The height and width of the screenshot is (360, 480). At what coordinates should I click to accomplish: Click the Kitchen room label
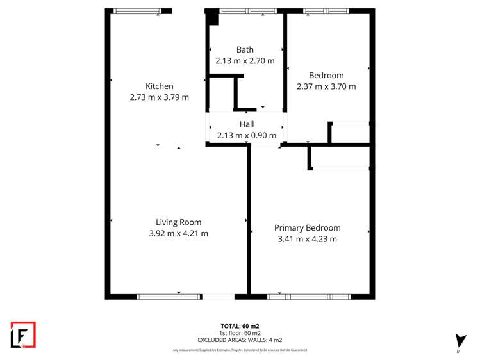pyautogui.click(x=159, y=86)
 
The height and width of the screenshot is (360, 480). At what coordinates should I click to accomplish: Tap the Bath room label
pyautogui.click(x=245, y=50)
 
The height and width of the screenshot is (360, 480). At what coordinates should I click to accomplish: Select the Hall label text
pyautogui.click(x=247, y=124)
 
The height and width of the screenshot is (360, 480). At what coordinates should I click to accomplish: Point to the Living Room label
pyautogui.click(x=178, y=222)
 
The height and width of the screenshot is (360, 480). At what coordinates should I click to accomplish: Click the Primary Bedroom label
pyautogui.click(x=307, y=228)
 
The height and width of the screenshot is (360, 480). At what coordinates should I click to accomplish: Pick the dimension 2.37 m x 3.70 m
pyautogui.click(x=326, y=86)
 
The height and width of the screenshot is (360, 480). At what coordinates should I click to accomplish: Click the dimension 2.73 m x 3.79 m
pyautogui.click(x=159, y=97)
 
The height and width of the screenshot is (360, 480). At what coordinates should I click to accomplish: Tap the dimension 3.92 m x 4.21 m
pyautogui.click(x=178, y=233)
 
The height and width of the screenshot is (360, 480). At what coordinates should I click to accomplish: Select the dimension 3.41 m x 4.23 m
pyautogui.click(x=307, y=239)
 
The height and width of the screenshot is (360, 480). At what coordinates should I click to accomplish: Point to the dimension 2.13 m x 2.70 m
pyautogui.click(x=245, y=61)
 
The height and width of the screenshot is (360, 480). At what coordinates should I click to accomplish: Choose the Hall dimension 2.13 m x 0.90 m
pyautogui.click(x=247, y=135)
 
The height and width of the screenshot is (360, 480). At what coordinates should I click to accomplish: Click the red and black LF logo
pyautogui.click(x=23, y=334)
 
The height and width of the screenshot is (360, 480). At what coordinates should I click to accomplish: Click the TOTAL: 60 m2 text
pyautogui.click(x=240, y=326)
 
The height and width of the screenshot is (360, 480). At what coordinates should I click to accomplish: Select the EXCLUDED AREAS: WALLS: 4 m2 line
pyautogui.click(x=240, y=340)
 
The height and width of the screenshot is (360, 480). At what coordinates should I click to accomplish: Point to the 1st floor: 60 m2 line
pyautogui.click(x=240, y=333)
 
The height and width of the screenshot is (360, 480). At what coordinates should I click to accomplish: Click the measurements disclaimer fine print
pyautogui.click(x=240, y=350)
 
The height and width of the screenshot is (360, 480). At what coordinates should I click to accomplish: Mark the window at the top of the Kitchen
pyautogui.click(x=137, y=11)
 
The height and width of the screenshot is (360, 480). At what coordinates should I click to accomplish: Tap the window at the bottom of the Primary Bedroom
pyautogui.click(x=309, y=296)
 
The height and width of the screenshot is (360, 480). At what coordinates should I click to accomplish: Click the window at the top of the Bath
pyautogui.click(x=247, y=11)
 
